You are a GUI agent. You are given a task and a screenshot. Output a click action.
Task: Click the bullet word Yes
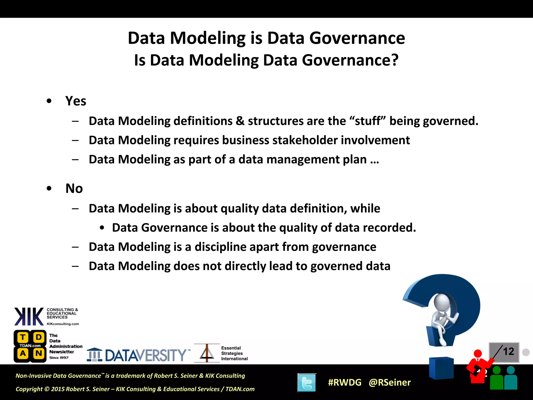click(x=75, y=101)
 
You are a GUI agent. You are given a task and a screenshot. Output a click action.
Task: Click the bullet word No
click(x=74, y=189)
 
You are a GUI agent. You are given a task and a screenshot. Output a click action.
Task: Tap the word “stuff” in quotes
click(x=367, y=121)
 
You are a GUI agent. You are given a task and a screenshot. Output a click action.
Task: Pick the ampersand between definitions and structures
click(x=240, y=121)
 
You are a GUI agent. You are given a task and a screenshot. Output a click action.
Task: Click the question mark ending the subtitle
click(x=395, y=60)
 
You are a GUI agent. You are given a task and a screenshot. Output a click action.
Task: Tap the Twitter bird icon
click(x=307, y=383)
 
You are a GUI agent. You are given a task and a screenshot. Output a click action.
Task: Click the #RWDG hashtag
click(x=345, y=382)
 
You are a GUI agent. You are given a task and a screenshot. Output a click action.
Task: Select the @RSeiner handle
click(x=390, y=382)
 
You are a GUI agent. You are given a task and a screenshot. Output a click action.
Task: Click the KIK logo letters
click(x=29, y=316)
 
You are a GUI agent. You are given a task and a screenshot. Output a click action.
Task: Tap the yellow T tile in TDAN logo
click(x=23, y=337)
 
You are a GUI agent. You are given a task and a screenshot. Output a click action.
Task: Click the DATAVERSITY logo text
click(x=146, y=355)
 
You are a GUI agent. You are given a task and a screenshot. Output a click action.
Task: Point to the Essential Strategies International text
click(x=234, y=353)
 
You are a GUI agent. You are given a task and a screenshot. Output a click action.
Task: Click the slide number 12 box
click(x=504, y=352)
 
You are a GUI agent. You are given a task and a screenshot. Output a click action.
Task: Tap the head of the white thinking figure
click(x=442, y=302)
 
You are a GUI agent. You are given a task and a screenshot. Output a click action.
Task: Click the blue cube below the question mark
click(x=441, y=368)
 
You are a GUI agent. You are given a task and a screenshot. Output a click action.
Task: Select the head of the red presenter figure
click(x=478, y=354)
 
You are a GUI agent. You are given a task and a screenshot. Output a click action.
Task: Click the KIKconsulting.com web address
click(x=63, y=324)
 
